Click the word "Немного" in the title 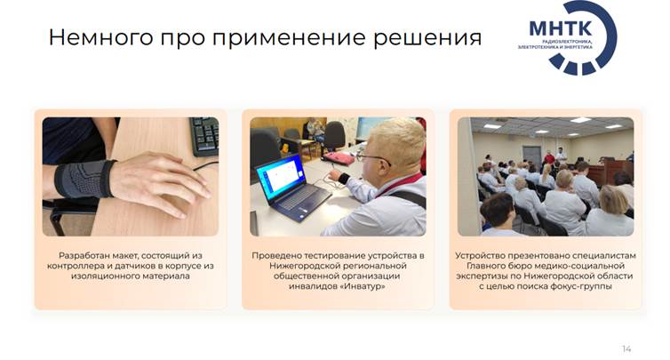click(100, 37)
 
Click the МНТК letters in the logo click(560, 28)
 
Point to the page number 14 click(626, 348)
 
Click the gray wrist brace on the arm click(84, 180)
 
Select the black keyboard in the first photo click(204, 135)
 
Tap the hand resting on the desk click(160, 184)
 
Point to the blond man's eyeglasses click(372, 158)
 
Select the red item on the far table click(339, 158)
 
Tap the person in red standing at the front click(549, 158)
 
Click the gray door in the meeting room click(531, 156)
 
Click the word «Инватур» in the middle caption click(363, 286)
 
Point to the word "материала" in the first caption click(169, 276)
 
